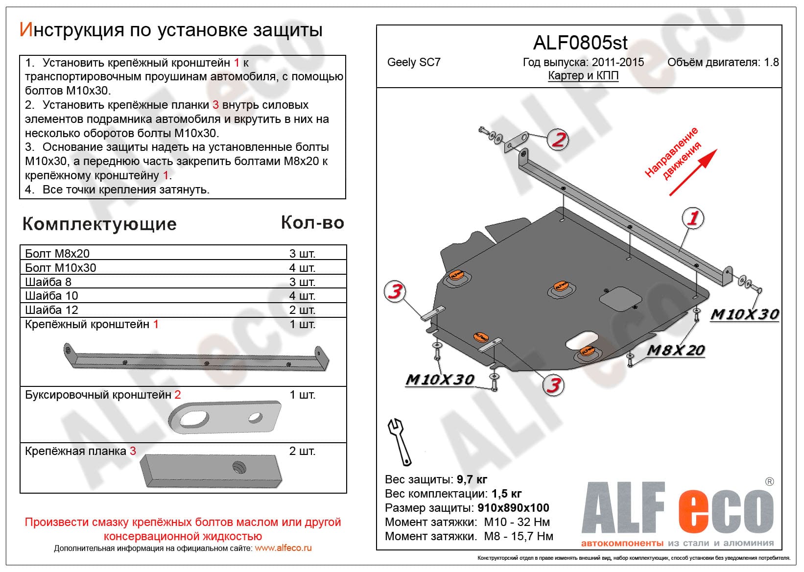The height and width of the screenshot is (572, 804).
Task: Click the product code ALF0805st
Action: tap(580, 43)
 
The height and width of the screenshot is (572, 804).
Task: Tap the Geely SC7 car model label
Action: tap(414, 62)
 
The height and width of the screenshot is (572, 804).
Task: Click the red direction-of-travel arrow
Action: tap(693, 172)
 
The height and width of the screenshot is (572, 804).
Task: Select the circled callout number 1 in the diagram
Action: tap(693, 218)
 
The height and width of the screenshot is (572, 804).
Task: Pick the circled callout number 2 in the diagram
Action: tap(558, 140)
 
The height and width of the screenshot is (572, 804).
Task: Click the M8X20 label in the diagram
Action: tap(675, 350)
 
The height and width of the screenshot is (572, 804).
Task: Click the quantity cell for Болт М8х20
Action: tap(302, 254)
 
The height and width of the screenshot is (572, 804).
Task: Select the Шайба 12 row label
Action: tap(51, 310)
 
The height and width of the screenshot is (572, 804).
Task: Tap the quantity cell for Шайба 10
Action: tap(302, 296)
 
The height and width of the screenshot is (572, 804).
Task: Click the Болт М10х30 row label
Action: tap(61, 268)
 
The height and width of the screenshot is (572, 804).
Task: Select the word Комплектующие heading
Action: tap(99, 224)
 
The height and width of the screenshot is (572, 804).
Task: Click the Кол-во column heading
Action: tap(312, 223)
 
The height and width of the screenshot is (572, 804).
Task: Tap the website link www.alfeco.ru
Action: tap(283, 548)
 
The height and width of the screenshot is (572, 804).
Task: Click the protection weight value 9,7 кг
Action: tap(472, 479)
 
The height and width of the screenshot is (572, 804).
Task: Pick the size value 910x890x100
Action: tap(513, 508)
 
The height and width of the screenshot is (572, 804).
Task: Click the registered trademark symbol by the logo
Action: tap(769, 481)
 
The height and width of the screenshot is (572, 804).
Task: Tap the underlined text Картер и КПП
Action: tap(583, 76)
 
